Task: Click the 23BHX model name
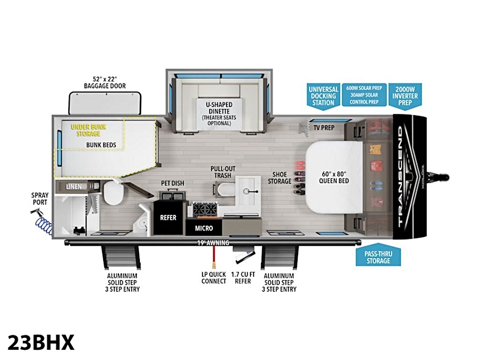[x=41, y=342]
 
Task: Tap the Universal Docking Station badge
[x=323, y=96]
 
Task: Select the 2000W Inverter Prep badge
[x=405, y=96]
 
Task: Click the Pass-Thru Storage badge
[x=378, y=255]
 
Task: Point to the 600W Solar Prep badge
[x=364, y=95]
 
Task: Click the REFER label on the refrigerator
[x=168, y=217]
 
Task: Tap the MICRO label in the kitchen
[x=204, y=228]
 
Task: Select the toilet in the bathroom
[x=114, y=193]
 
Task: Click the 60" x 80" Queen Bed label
[x=334, y=177]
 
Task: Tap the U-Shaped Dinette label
[x=219, y=108]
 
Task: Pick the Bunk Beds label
[x=101, y=145]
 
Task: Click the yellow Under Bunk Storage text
[x=88, y=130]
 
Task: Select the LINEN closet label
[x=74, y=186]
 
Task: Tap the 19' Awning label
[x=213, y=243]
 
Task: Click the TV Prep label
[x=324, y=128]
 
